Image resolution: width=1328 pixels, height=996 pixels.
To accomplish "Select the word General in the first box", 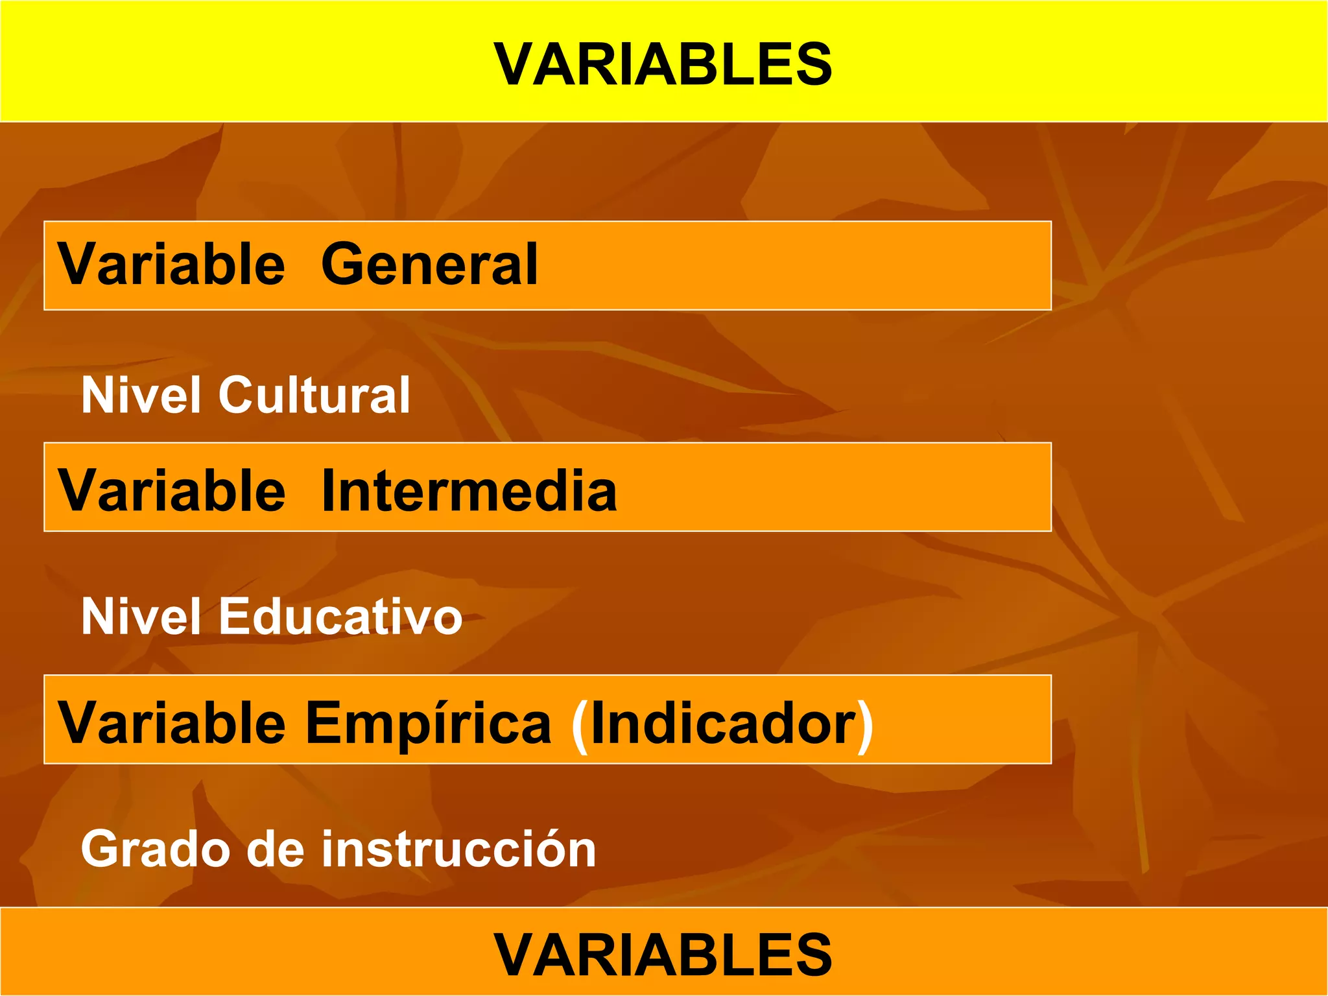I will click(429, 264).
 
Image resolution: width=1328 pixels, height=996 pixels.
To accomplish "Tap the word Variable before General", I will click(171, 264).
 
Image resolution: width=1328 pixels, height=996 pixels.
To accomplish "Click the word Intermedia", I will click(469, 491).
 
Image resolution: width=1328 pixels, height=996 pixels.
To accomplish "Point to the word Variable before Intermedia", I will click(171, 491).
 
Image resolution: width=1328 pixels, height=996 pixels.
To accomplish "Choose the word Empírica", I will click(428, 724).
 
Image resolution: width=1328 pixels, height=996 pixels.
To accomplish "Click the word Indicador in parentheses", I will click(723, 724).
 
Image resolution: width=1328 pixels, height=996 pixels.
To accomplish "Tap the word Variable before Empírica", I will click(171, 724).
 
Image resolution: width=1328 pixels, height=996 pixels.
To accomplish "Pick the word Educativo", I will click(340, 616).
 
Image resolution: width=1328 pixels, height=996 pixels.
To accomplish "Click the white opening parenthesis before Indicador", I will click(580, 726).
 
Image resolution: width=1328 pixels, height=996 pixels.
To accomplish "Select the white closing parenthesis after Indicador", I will click(865, 726).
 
